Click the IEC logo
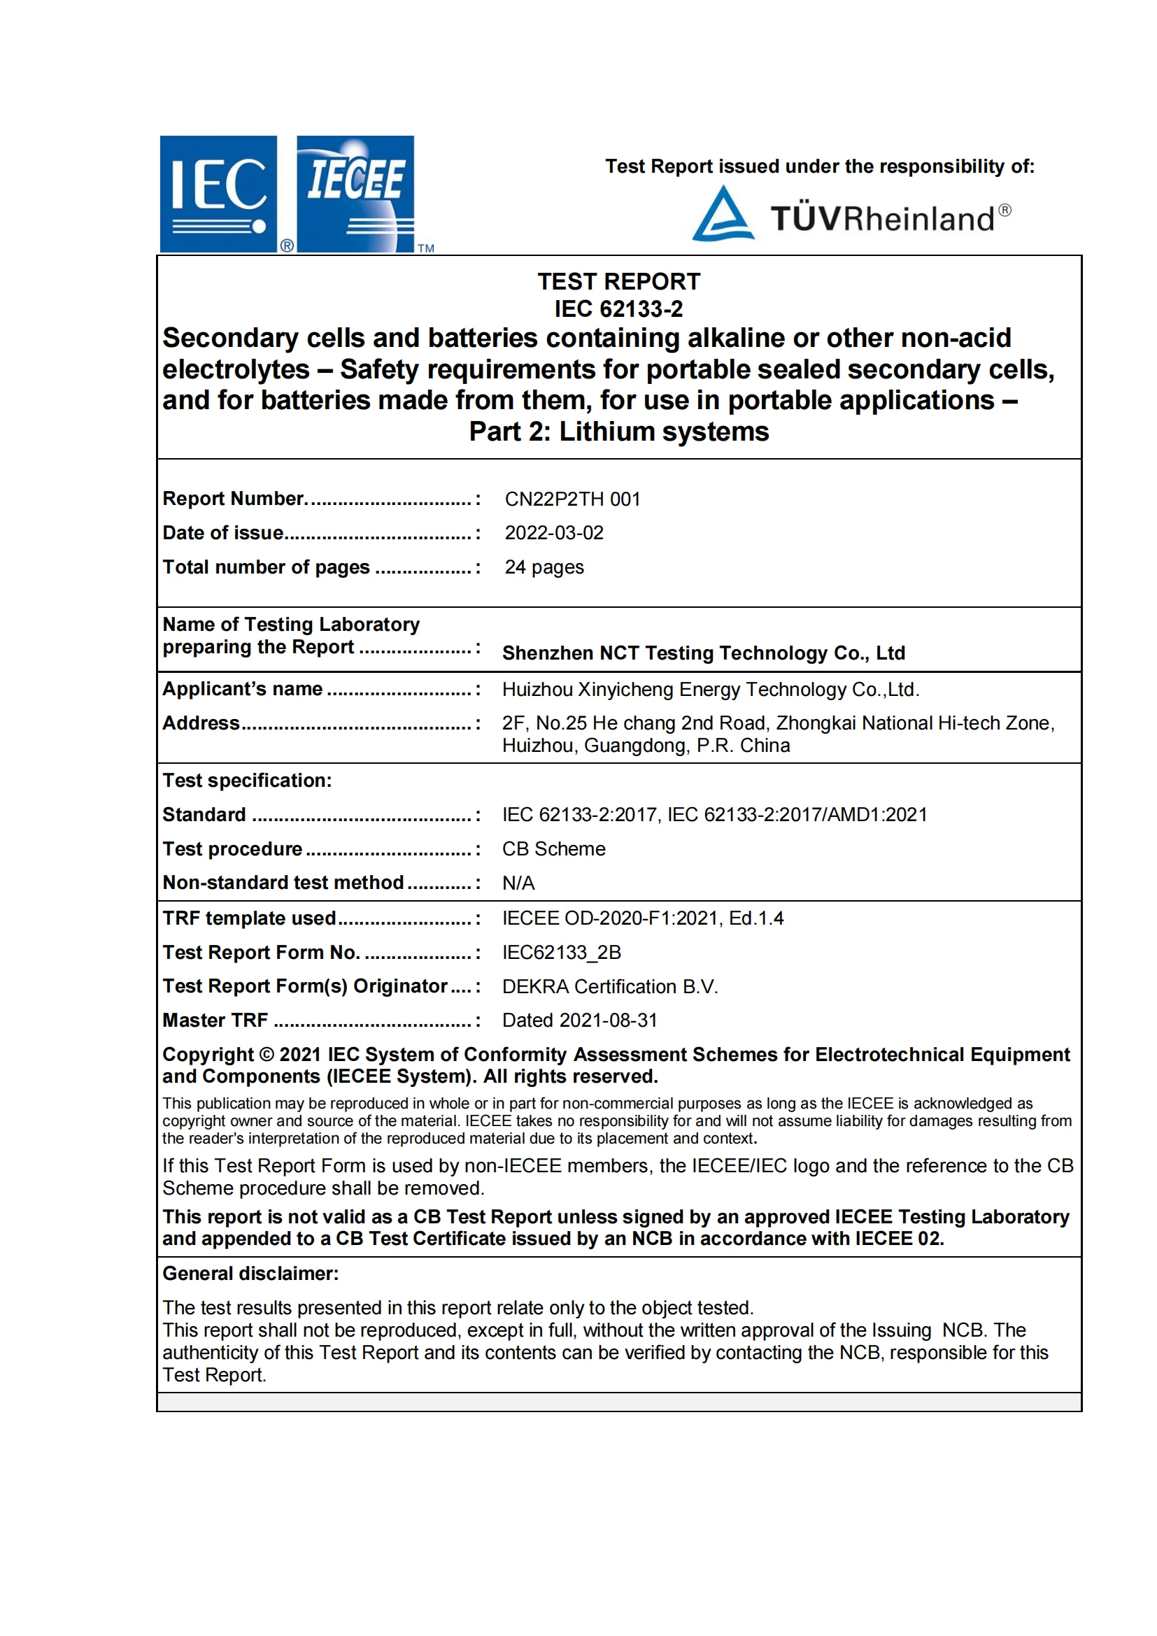(218, 194)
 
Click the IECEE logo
(355, 194)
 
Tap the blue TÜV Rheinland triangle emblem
(723, 215)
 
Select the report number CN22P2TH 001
(572, 499)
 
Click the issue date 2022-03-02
(553, 533)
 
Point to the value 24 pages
(544, 567)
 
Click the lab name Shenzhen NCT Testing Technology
(703, 653)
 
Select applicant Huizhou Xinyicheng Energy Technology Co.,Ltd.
(710, 689)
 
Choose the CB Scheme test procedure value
(553, 848)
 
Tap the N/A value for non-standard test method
(518, 883)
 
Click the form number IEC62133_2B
(562, 952)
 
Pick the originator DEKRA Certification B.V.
(610, 986)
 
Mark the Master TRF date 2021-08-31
(579, 1020)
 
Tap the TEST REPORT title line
(618, 281)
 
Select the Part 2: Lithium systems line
(618, 432)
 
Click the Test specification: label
(247, 781)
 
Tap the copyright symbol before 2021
(267, 1055)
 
